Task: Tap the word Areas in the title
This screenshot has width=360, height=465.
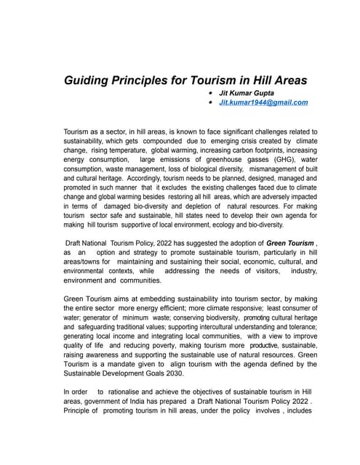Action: tap(286, 80)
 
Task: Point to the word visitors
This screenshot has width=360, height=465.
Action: tap(260, 270)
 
